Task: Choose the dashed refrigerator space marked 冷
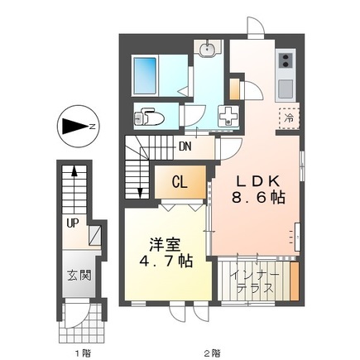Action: point(288,118)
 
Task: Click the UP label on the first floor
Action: point(74,222)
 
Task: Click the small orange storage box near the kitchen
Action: point(235,88)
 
